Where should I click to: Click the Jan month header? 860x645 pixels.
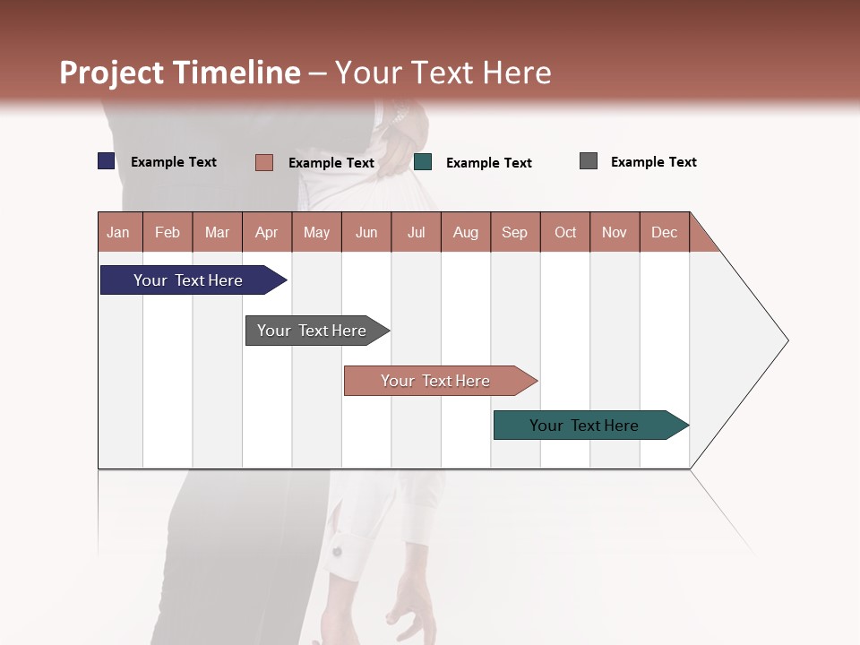point(119,233)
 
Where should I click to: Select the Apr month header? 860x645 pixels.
point(267,233)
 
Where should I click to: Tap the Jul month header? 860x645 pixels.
point(416,233)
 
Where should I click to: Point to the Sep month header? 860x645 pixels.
point(514,233)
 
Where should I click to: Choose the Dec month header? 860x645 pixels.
point(664,233)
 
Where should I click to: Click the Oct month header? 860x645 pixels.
point(564,233)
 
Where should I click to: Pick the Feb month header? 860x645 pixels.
point(168,233)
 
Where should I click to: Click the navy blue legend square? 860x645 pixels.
point(107,161)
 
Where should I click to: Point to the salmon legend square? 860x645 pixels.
point(263,162)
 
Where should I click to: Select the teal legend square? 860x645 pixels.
point(423,162)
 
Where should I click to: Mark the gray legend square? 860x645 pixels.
point(589,161)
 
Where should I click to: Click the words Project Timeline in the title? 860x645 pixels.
point(180,73)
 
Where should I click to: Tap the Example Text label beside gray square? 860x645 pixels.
point(653,162)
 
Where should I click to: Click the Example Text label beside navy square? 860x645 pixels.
point(174,162)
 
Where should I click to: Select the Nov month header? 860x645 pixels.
point(615,233)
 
